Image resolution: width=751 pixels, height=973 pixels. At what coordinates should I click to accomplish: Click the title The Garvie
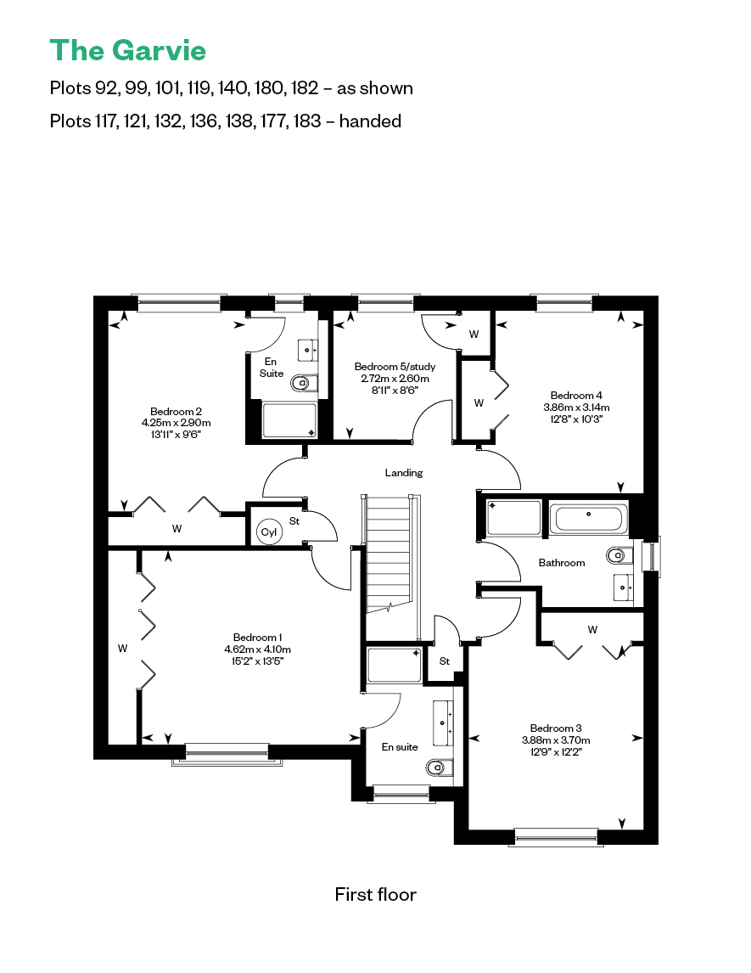pos(128,50)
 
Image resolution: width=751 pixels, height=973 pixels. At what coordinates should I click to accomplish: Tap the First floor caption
pos(376,894)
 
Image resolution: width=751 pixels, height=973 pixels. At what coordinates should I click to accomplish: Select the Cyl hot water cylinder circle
pos(269,531)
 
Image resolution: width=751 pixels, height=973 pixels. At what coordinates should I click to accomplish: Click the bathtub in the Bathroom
pos(589,519)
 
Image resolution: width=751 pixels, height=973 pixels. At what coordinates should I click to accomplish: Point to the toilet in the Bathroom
pos(616,554)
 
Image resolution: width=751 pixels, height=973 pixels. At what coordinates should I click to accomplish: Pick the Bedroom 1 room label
pos(257,638)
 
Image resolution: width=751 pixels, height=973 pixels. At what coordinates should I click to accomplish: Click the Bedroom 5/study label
pos(395,367)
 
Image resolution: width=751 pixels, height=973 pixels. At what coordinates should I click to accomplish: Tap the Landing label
pos(404,473)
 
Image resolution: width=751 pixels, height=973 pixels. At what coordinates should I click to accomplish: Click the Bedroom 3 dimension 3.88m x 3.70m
pos(556,740)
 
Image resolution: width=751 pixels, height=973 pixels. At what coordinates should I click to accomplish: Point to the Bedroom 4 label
pos(576,396)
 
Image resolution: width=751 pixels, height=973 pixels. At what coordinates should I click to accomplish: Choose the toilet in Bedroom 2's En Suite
pos(305,383)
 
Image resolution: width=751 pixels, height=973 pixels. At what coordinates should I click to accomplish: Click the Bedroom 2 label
pos(177,412)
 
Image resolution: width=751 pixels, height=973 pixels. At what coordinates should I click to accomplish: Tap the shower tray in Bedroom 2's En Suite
pos(289,420)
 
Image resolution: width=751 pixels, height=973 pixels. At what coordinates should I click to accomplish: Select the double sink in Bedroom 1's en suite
pos(442,723)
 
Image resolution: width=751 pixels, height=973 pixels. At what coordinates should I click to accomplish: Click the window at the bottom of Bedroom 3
pos(557,838)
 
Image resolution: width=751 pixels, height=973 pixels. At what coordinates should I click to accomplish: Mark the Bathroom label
pos(562,563)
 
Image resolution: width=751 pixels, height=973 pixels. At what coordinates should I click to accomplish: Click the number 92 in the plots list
pos(105,88)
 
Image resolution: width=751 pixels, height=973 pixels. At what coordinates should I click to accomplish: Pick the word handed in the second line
pos(370,121)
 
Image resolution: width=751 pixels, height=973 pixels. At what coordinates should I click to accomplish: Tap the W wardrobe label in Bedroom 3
pos(593,630)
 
